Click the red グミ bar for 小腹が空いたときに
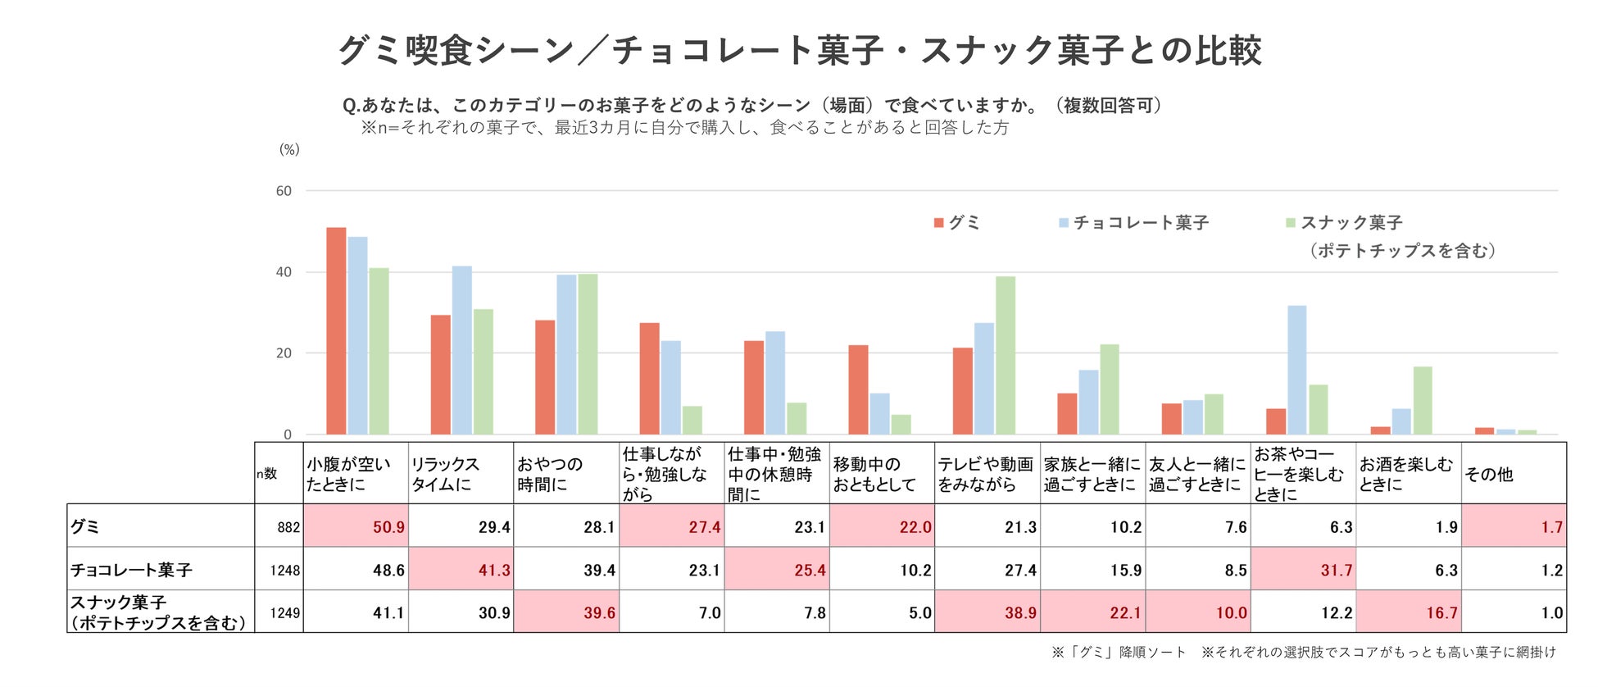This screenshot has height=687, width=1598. (336, 331)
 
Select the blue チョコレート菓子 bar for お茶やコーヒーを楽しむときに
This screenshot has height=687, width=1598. (1296, 370)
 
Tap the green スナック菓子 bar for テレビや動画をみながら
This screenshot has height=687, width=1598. (1005, 356)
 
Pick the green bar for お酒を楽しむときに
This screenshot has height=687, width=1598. (1423, 401)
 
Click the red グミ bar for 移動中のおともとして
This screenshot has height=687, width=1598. (858, 390)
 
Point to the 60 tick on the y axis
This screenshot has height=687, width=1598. (284, 191)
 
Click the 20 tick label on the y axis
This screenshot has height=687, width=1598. (284, 353)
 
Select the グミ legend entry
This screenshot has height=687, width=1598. (957, 223)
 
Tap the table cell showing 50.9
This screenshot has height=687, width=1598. (356, 526)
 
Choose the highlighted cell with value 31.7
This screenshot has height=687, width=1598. (1304, 570)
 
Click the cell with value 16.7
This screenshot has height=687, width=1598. (1409, 612)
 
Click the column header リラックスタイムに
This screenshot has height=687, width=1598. (461, 474)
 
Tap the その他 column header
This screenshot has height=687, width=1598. (1489, 474)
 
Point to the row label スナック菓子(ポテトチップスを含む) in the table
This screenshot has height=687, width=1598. (159, 612)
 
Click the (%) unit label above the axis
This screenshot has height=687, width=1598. (289, 149)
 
